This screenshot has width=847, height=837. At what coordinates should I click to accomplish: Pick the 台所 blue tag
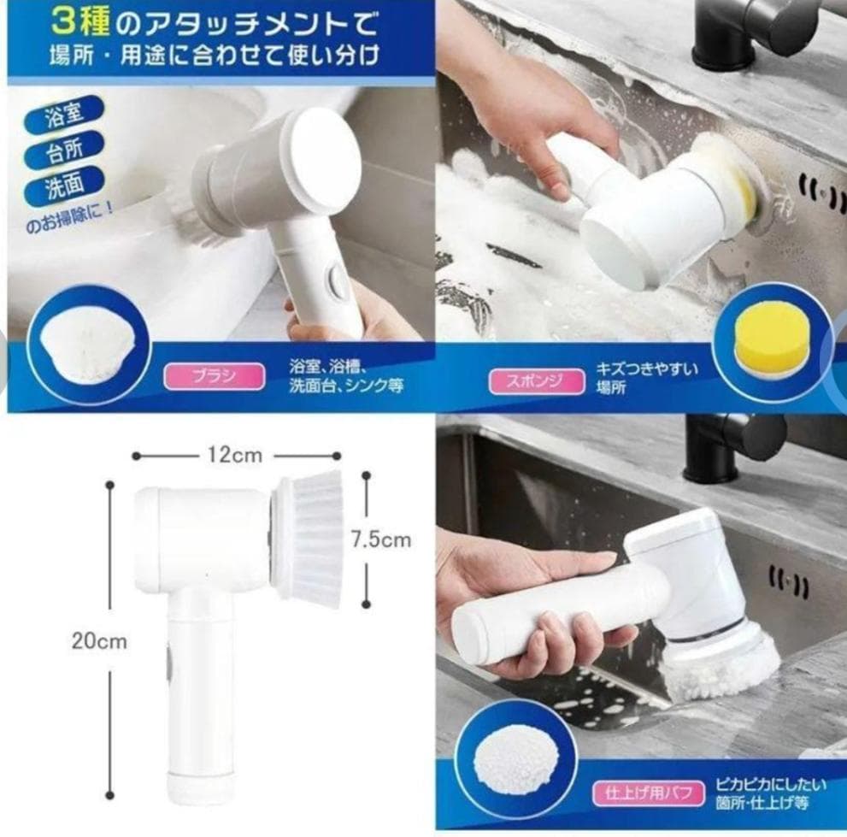[65, 154]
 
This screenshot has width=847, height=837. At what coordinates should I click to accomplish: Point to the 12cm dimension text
[234, 456]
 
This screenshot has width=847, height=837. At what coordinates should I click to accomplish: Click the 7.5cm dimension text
[381, 539]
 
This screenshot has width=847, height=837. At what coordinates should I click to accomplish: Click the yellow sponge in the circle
[772, 339]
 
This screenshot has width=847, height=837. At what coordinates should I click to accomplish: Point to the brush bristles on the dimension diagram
[309, 539]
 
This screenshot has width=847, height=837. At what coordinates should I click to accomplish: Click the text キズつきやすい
[647, 368]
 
